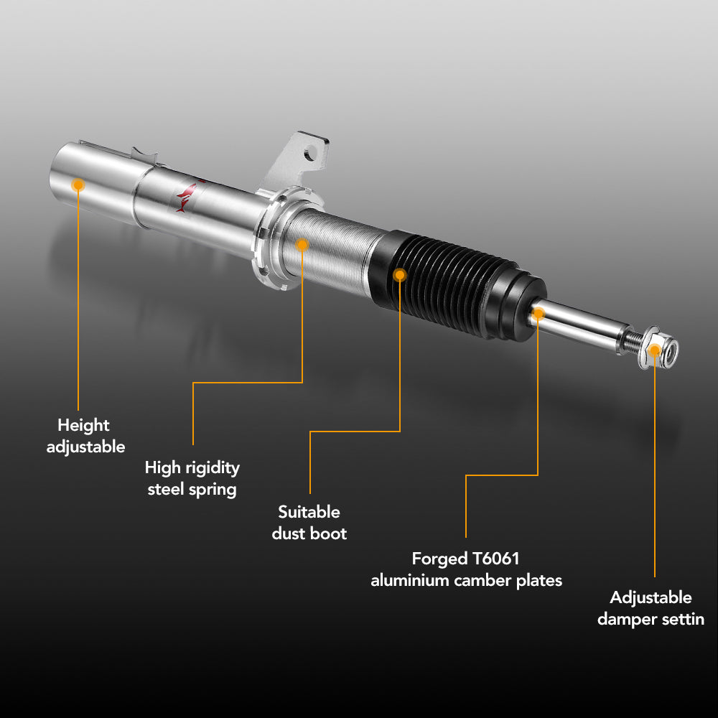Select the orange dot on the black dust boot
click(x=400, y=275)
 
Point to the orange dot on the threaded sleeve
click(x=302, y=245)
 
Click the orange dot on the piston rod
click(x=538, y=314)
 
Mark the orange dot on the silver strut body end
click(x=78, y=185)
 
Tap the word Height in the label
click(x=84, y=426)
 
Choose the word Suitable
click(x=309, y=511)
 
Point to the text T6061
click(x=495, y=559)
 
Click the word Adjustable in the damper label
click(x=651, y=598)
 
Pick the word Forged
click(x=439, y=559)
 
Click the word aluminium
click(x=410, y=581)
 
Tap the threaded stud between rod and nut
click(x=633, y=340)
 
